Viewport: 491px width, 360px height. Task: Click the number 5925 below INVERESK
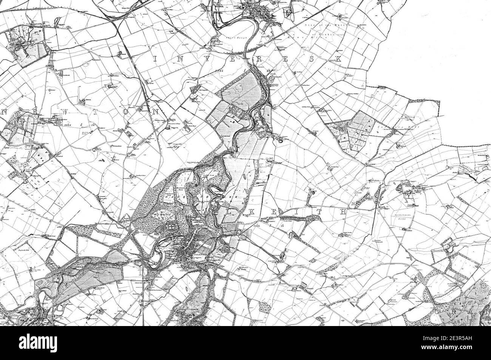[210, 71]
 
